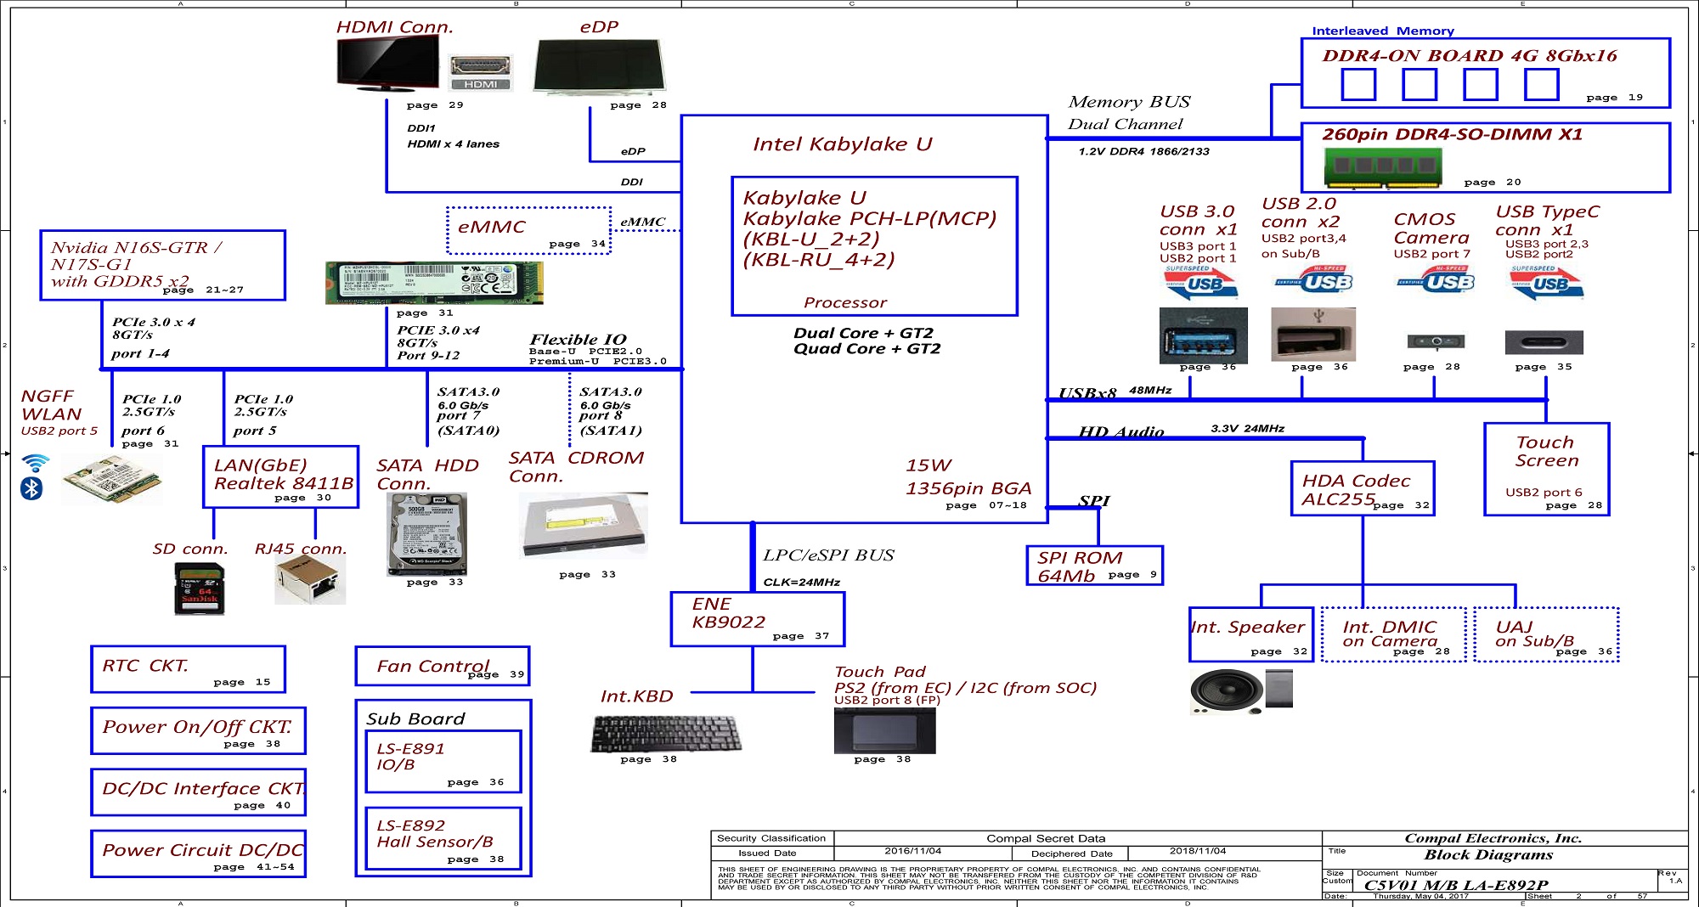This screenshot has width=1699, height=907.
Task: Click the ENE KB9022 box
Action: point(757,618)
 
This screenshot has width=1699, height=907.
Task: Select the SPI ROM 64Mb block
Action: point(1094,566)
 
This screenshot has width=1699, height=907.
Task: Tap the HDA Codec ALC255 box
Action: point(1363,488)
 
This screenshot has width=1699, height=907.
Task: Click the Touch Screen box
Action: point(1546,469)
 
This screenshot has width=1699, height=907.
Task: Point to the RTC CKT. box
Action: point(188,669)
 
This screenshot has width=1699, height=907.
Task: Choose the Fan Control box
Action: point(443,666)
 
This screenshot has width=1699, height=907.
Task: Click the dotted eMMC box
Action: point(528,230)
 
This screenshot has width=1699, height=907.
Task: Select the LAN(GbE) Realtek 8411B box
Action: point(280,476)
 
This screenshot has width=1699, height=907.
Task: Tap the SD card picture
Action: point(199,588)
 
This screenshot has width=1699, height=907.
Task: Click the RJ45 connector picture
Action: point(310,581)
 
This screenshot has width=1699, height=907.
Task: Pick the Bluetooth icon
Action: point(31,488)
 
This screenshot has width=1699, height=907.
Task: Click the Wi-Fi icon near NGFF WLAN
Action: point(35,463)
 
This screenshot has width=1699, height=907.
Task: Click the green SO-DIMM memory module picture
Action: point(1383,166)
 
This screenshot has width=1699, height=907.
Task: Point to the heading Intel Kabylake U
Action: point(842,144)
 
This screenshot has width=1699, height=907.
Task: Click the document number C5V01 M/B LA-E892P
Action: point(1455,885)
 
